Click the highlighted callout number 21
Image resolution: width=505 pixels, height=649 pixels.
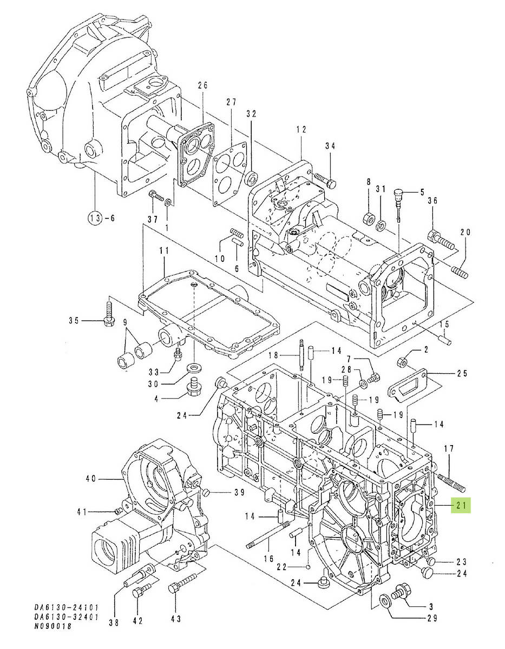click(461, 505)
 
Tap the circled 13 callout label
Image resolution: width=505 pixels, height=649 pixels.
click(95, 218)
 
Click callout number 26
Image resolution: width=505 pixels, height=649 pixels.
click(202, 85)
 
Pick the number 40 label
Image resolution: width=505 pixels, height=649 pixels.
click(91, 478)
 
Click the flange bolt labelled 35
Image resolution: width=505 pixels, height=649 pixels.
click(108, 316)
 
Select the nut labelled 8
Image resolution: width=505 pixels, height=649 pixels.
click(368, 217)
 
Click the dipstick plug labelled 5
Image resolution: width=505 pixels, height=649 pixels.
click(399, 193)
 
